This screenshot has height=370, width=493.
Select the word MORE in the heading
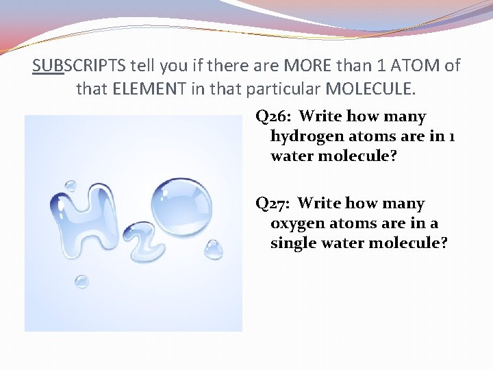[x=299, y=66]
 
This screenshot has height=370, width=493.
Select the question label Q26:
[x=274, y=116]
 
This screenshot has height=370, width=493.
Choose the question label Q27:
[x=274, y=203]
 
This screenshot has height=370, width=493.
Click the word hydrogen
[x=304, y=136]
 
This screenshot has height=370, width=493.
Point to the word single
[x=291, y=243]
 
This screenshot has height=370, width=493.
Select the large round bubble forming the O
[x=181, y=207]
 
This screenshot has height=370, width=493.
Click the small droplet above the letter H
[x=71, y=186]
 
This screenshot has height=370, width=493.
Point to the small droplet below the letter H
[x=81, y=282]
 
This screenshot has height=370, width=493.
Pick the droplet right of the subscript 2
[x=213, y=250]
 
